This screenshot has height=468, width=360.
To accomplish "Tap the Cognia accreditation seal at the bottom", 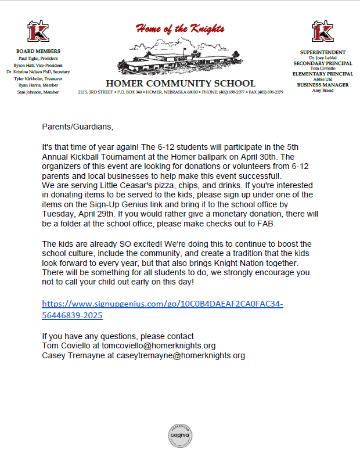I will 179,435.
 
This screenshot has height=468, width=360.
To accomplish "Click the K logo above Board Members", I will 38,31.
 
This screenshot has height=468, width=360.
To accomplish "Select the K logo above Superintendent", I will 322,31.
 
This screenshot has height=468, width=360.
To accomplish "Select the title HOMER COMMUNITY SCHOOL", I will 181,83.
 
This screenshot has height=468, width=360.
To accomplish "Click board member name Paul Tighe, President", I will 38,59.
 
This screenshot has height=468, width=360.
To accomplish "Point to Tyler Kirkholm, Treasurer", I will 38,78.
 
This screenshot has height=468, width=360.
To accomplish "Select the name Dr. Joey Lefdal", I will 323,57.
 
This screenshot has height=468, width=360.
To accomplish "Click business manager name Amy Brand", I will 323,90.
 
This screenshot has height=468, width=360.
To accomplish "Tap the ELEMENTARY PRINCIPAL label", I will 323,74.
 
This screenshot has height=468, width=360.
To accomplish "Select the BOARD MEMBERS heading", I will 38,52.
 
